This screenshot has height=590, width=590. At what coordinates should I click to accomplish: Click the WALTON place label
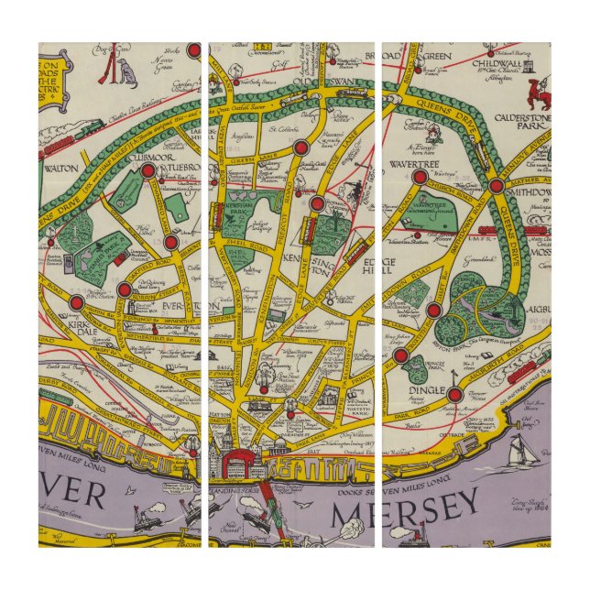pos(61,169)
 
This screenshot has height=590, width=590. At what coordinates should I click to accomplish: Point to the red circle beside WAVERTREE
pos(419,177)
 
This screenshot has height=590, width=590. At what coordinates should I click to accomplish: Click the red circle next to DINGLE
pos(455,395)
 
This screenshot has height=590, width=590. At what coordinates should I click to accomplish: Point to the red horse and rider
pos(542,90)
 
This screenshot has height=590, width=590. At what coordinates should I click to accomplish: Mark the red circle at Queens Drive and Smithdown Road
pos(496,186)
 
